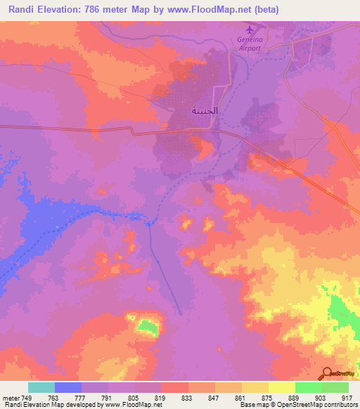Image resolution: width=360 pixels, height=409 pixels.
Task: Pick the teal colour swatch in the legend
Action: [x=41, y=387]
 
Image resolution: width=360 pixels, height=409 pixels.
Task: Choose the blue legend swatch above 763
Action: [x=68, y=387]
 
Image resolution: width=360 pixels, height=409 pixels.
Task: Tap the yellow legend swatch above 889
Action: [x=281, y=387]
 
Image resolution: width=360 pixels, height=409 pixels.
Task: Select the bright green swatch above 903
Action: [x=308, y=387]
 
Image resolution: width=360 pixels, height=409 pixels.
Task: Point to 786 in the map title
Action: [x=96, y=10]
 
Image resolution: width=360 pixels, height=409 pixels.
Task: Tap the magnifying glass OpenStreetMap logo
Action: [x=326, y=372]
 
